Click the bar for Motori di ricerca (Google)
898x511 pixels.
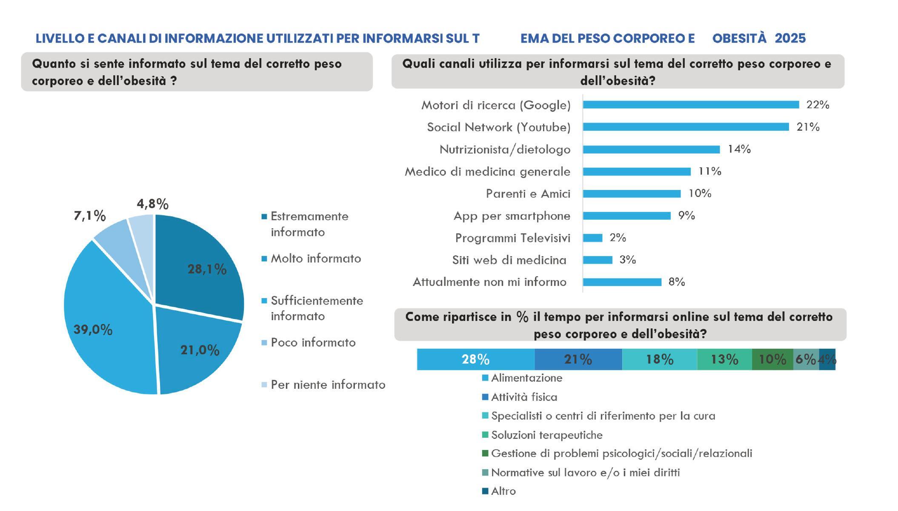pyautogui.click(x=690, y=105)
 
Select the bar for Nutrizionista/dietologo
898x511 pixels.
pyautogui.click(x=651, y=149)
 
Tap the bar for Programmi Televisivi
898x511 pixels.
pyautogui.click(x=592, y=238)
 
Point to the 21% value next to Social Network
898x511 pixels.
pyautogui.click(x=808, y=127)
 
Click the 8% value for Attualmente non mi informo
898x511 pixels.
pyautogui.click(x=676, y=282)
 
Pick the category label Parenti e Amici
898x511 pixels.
pyautogui.click(x=528, y=194)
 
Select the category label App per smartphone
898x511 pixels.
pyautogui.click(x=512, y=216)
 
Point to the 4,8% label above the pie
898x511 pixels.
pyautogui.click(x=152, y=204)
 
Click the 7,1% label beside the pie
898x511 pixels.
pyautogui.click(x=89, y=216)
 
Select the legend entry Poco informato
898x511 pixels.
pyautogui.click(x=313, y=342)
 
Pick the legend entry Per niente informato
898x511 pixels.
pyautogui.click(x=328, y=385)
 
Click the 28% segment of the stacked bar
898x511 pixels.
pyautogui.click(x=475, y=359)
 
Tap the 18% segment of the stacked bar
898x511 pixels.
pyautogui.click(x=659, y=359)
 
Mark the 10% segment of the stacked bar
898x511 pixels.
pyautogui.click(x=772, y=359)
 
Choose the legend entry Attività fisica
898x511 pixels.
pyautogui.click(x=524, y=397)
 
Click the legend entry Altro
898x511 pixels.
pyautogui.click(x=503, y=491)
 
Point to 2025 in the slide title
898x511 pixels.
pyautogui.click(x=790, y=38)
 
